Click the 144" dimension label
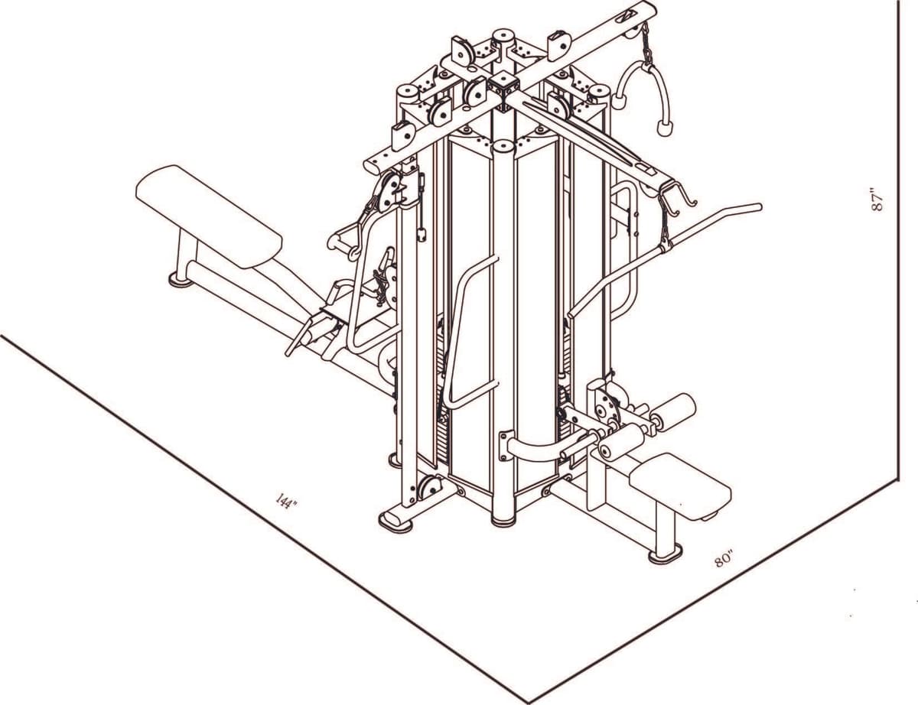285,502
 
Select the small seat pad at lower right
679,486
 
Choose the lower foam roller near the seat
622,441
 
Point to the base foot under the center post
503,519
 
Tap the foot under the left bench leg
181,280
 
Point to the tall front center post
503,329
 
